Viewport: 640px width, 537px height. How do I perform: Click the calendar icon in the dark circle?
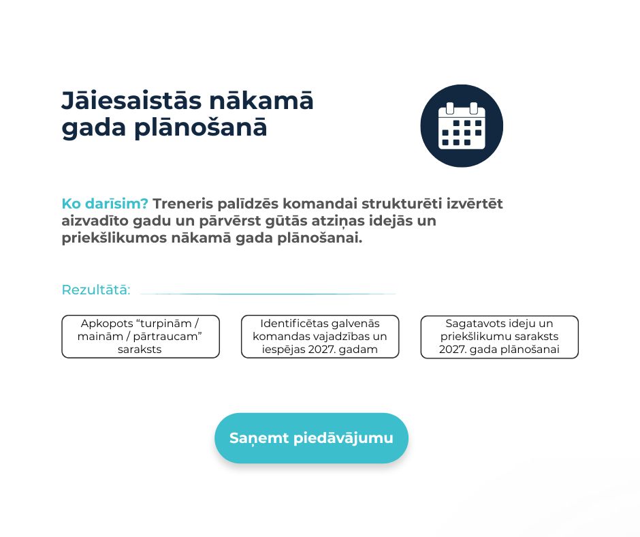click(462, 125)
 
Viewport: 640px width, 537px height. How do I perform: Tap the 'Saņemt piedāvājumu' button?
click(311, 438)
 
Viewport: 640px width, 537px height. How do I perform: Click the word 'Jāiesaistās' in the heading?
click(131, 101)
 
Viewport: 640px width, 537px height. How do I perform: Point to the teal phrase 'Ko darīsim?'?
click(104, 204)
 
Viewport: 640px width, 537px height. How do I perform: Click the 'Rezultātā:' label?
click(96, 290)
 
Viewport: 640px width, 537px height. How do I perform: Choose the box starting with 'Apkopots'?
click(140, 337)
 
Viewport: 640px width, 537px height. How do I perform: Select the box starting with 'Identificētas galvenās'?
click(320, 337)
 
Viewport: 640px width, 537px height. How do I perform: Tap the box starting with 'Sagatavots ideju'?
click(500, 337)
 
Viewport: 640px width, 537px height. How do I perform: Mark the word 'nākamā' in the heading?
click(260, 101)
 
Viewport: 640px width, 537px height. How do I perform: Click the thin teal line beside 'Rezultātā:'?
click(268, 294)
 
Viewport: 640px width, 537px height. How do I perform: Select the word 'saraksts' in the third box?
click(539, 337)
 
